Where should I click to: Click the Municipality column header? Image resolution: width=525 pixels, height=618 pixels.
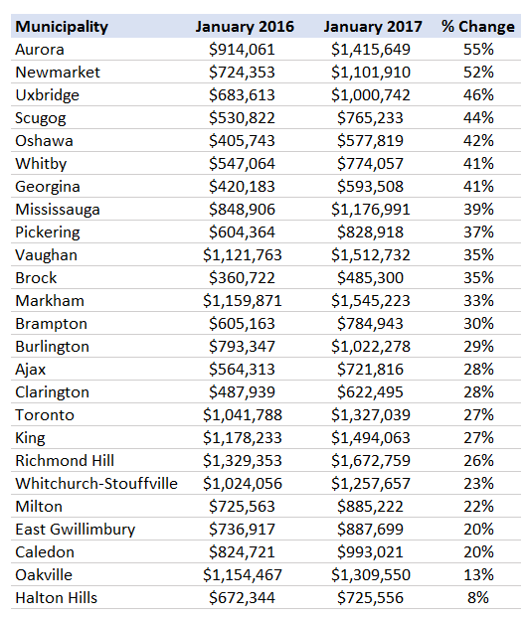click(x=62, y=27)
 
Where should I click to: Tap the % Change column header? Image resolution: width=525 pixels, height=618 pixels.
click(x=478, y=27)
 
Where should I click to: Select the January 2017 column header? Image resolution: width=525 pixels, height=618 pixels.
click(x=373, y=27)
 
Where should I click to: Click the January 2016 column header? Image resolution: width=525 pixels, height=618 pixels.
click(x=245, y=27)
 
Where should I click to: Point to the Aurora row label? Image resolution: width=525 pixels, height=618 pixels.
click(x=40, y=50)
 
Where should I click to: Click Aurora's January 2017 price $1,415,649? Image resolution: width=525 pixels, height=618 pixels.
click(x=371, y=50)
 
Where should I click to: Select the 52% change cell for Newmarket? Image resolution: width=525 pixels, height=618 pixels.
click(x=478, y=73)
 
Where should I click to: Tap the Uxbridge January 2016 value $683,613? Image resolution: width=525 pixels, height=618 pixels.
click(x=242, y=95)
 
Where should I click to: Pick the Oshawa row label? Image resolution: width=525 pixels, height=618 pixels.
click(x=44, y=141)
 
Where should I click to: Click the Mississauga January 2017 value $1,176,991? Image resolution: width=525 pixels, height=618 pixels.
click(x=371, y=210)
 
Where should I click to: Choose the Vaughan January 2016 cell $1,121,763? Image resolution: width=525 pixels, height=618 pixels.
click(x=243, y=255)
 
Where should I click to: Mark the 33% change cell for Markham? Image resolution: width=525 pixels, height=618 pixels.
click(x=478, y=301)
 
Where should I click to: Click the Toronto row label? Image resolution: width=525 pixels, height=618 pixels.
click(x=45, y=415)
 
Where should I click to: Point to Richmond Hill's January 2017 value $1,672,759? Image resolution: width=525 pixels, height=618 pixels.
click(x=371, y=461)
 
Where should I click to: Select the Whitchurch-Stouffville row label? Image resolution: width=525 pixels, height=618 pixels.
click(x=96, y=484)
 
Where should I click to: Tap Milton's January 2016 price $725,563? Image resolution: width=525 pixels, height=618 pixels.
click(x=242, y=507)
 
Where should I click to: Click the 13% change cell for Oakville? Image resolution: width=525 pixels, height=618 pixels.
click(x=478, y=575)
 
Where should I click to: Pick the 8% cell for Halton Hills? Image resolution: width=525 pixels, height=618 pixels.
click(x=478, y=598)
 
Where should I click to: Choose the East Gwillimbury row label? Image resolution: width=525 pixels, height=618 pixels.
click(x=76, y=530)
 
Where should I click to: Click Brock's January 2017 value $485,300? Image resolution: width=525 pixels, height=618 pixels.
click(x=370, y=278)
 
